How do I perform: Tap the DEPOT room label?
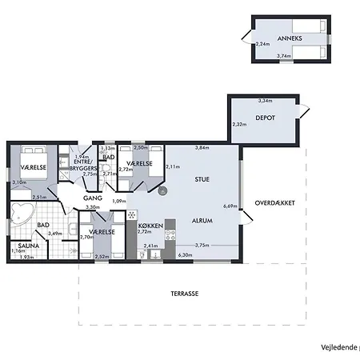(x=266, y=118)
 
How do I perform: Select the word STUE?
(x=202, y=179)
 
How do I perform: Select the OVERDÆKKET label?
(x=275, y=203)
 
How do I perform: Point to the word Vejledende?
(x=338, y=347)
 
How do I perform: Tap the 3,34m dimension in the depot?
(x=265, y=102)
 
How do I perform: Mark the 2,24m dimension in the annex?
(x=261, y=45)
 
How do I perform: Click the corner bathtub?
(x=22, y=214)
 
